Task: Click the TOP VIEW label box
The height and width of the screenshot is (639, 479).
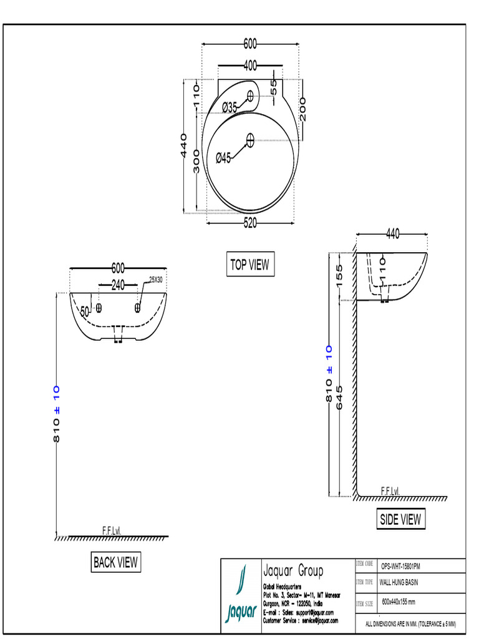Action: coord(249,265)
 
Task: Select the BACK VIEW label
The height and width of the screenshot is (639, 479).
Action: coord(115,562)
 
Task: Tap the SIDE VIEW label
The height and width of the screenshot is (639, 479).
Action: coord(400,519)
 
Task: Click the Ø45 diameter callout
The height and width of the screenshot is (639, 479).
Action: coord(223,158)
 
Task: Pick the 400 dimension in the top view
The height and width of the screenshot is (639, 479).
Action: coord(250,66)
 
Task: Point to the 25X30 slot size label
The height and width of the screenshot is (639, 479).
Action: coord(155,280)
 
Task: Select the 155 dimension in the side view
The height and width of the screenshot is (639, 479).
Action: coord(340,276)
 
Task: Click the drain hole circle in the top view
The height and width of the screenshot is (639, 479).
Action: coord(250,140)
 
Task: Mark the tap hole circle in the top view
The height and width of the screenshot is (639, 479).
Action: coord(251,96)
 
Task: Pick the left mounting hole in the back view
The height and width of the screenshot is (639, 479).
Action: coord(99,307)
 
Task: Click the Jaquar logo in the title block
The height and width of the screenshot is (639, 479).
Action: coord(240,598)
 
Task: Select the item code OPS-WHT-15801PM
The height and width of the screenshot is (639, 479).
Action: coord(400,566)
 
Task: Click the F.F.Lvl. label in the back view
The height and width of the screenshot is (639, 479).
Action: coord(112,530)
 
